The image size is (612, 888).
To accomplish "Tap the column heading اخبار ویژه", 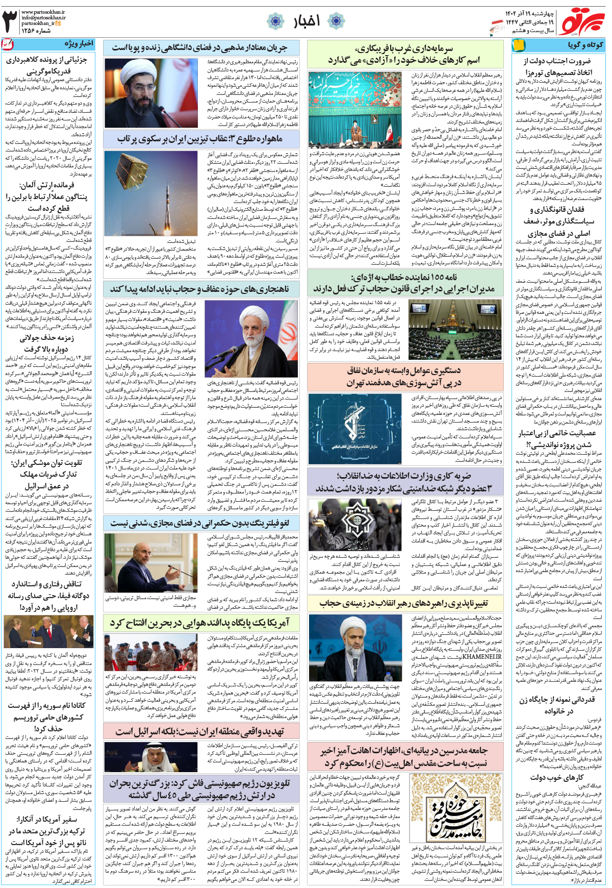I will pos(79,44).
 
